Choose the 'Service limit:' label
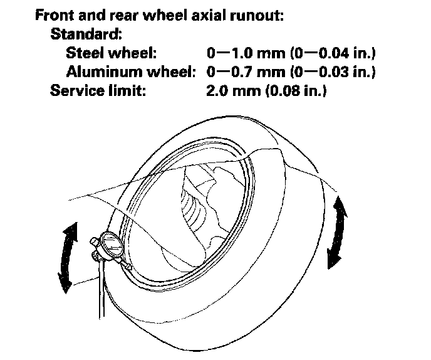pos(98,91)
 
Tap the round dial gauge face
pos(112,246)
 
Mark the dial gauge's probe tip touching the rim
pos(128,266)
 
